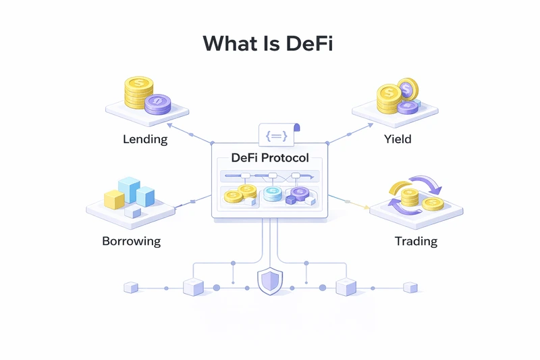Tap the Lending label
(x=145, y=140)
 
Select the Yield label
(x=398, y=140)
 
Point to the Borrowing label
(x=132, y=240)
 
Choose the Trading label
(x=415, y=241)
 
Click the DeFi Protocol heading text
(x=269, y=158)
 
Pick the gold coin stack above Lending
(x=138, y=93)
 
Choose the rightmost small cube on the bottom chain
(x=410, y=288)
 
